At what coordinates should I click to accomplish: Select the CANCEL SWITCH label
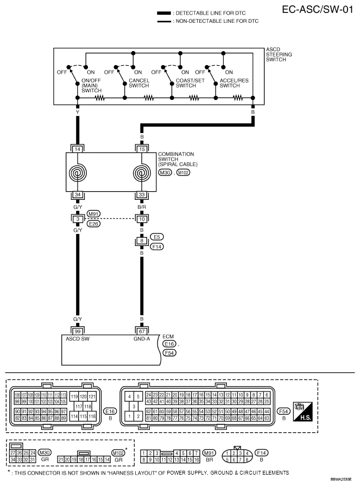[x=138, y=83]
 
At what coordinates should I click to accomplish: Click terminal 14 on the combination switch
[x=78, y=148]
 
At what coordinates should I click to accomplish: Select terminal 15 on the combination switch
[x=142, y=148]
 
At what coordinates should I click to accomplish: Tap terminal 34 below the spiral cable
[x=78, y=195]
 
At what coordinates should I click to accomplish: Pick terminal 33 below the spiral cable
[x=142, y=195]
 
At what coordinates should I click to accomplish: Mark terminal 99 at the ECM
[x=78, y=330]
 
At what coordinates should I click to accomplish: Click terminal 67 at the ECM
[x=142, y=330]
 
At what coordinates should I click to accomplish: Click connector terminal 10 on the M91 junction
[x=142, y=219]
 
